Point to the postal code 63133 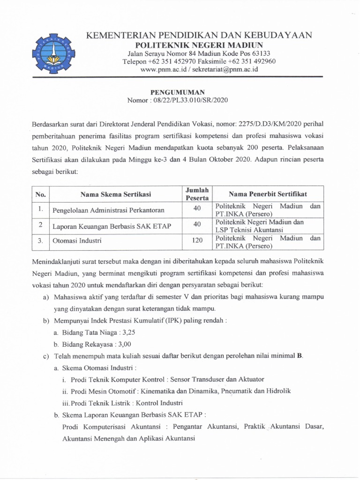261,53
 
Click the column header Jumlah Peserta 197,194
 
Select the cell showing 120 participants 197,240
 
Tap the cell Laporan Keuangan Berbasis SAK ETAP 112,226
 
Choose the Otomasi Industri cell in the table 77,241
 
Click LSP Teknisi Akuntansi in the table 249,230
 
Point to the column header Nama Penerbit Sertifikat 268,194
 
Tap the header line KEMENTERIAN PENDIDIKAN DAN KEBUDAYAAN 199,36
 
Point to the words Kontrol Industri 162,403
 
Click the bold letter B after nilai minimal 300,356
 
